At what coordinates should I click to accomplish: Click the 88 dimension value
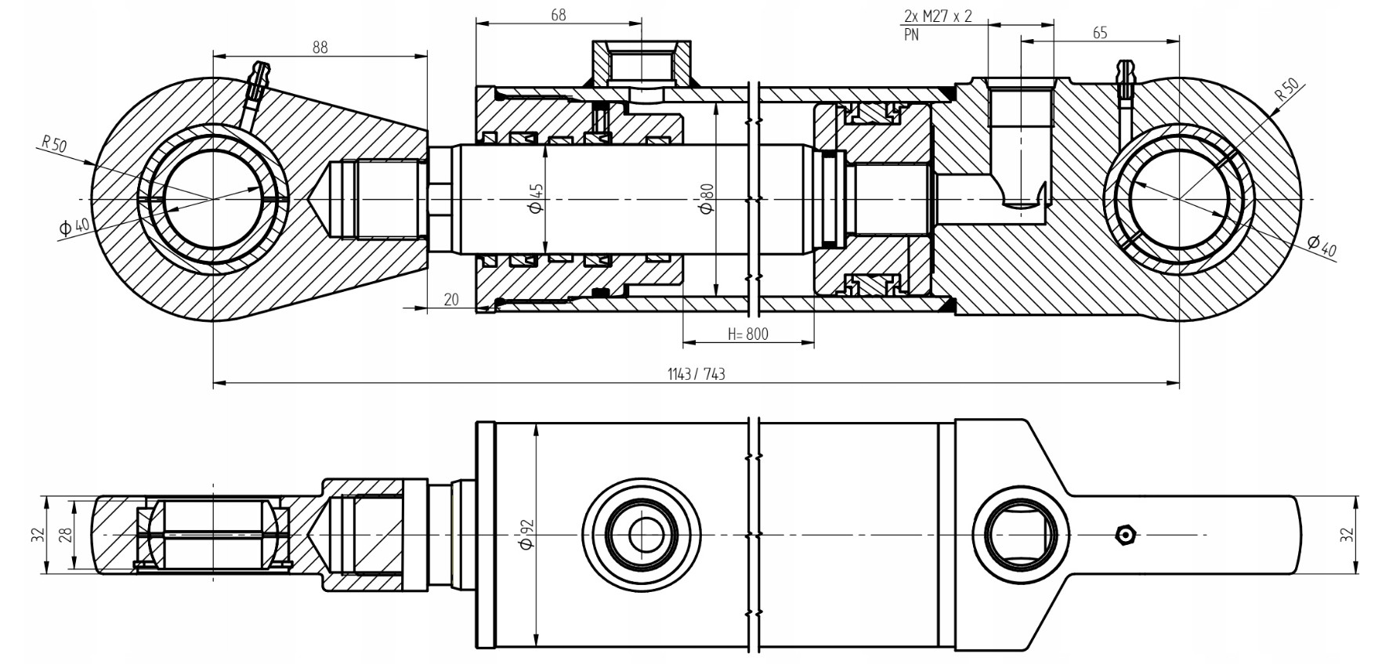320,47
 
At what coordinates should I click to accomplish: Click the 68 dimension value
559,15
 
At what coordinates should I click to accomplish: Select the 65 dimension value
1099,33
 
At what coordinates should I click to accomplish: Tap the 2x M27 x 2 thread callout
938,16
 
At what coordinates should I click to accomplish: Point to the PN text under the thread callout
912,35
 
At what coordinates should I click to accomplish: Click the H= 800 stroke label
748,334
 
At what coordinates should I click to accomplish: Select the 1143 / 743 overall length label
696,374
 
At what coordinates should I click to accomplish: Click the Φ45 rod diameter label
537,198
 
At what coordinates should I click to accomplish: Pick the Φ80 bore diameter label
706,198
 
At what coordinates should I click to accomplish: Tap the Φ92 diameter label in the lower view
526,533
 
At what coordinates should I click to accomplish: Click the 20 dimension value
451,300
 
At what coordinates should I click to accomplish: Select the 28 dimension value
67,535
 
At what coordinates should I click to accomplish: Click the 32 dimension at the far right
1346,535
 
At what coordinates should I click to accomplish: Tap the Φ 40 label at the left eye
75,227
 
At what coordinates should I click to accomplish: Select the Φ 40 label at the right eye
1322,245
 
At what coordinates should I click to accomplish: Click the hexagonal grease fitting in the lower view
1126,535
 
